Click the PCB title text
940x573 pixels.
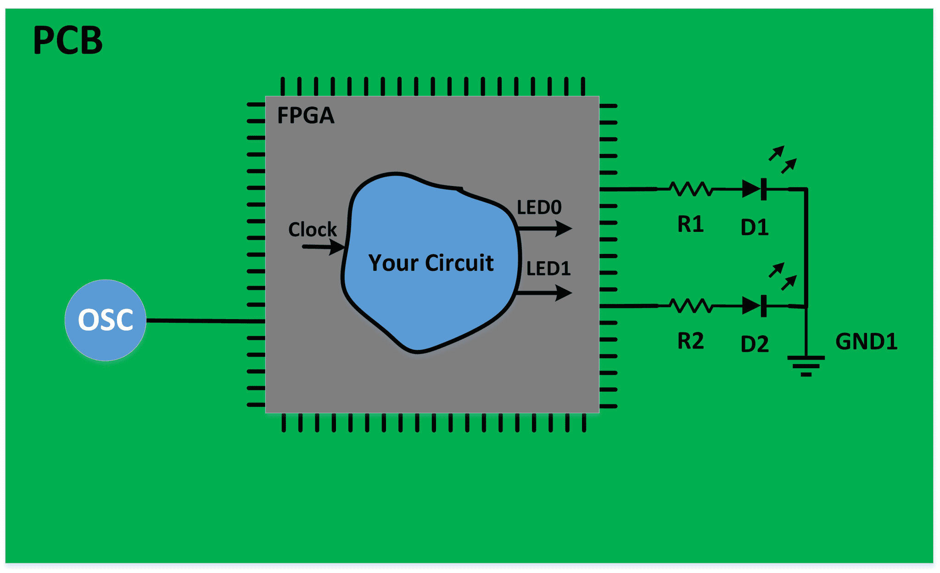tap(68, 41)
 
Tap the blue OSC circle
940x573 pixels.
tap(106, 320)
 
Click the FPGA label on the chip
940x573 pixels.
tap(306, 115)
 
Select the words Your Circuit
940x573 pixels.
tap(431, 263)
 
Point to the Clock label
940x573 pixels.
tap(312, 229)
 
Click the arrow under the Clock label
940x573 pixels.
tap(324, 247)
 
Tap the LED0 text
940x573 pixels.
tap(539, 208)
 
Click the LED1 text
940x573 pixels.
tap(548, 269)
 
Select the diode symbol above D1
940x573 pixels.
tap(754, 189)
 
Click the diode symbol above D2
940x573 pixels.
tap(754, 305)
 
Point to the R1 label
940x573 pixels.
tap(690, 225)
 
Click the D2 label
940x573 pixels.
tap(755, 344)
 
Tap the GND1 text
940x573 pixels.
tap(866, 342)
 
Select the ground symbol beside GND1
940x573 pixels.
tap(806, 365)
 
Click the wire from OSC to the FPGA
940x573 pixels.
tap(206, 321)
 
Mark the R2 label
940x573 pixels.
tap(690, 341)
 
